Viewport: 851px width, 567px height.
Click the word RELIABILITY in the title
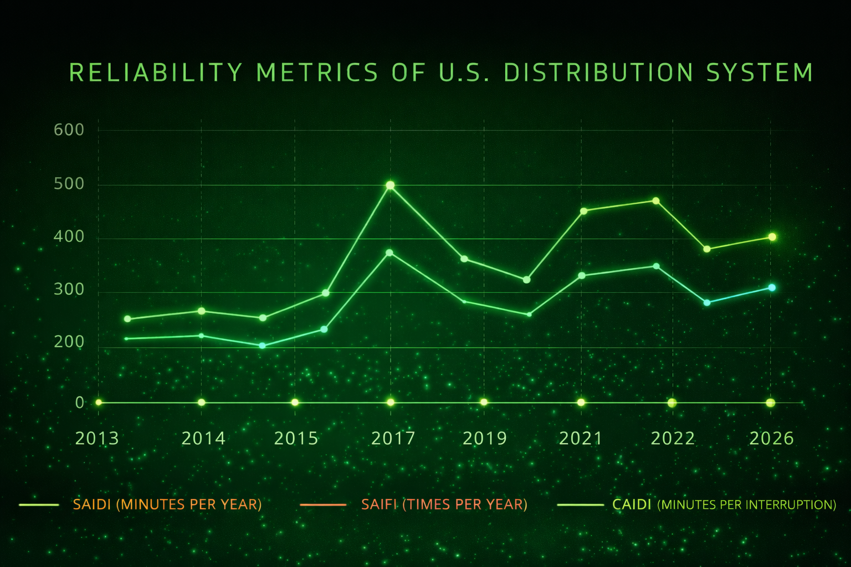(156, 73)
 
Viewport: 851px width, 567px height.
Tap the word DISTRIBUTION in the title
(599, 73)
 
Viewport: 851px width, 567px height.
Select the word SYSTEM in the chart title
(760, 73)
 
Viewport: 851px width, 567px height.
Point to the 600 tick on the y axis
(69, 130)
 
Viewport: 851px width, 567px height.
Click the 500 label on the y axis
(69, 184)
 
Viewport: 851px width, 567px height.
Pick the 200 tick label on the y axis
(69, 343)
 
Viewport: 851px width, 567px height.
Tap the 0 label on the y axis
(80, 403)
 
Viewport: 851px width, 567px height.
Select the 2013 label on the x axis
(97, 439)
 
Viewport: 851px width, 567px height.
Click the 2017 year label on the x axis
(393, 439)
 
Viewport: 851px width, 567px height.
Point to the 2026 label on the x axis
(771, 439)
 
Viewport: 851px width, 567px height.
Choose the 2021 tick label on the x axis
(580, 439)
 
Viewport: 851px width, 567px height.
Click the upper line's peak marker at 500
(390, 185)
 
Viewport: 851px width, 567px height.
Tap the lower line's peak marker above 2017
(389, 252)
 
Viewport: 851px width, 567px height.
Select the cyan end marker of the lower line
(772, 287)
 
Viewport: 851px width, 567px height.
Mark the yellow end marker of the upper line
(772, 237)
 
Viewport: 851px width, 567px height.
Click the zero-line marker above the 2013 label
(99, 402)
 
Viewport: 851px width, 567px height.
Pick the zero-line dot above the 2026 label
(770, 403)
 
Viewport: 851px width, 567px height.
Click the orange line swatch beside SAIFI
(322, 504)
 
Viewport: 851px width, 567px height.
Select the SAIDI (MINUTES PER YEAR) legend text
(167, 504)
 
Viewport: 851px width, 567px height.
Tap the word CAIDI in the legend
(632, 504)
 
